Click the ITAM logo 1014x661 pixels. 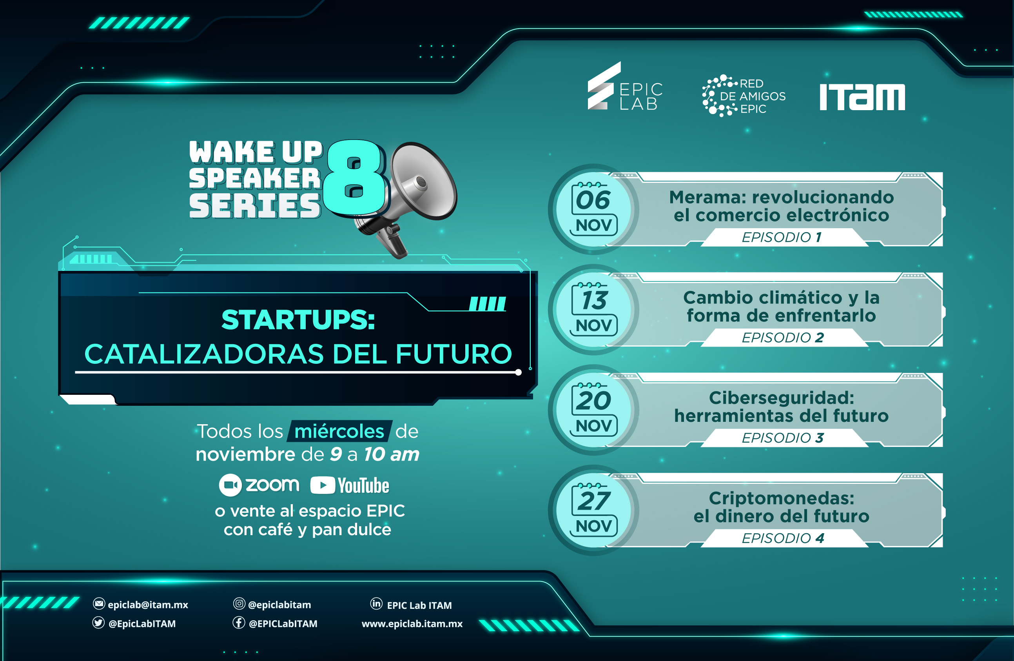click(862, 97)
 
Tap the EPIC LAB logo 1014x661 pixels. click(625, 86)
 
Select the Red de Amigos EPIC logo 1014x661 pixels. click(744, 96)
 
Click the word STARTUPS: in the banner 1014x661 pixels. click(298, 320)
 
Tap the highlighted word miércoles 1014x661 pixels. click(339, 431)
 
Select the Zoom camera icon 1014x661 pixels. click(230, 485)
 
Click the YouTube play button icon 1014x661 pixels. click(323, 485)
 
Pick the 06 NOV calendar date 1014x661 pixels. click(593, 209)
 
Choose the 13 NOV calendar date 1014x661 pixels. click(593, 309)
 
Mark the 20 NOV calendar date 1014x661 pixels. click(593, 410)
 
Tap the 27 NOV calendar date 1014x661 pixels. click(593, 510)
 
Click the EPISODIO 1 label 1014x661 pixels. click(782, 237)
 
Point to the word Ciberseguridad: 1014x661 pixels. click(782, 398)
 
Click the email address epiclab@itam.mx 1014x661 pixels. click(148, 605)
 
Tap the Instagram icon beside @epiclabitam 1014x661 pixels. click(239, 603)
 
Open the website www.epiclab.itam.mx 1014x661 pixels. click(412, 624)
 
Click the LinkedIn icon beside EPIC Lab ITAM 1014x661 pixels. click(376, 603)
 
